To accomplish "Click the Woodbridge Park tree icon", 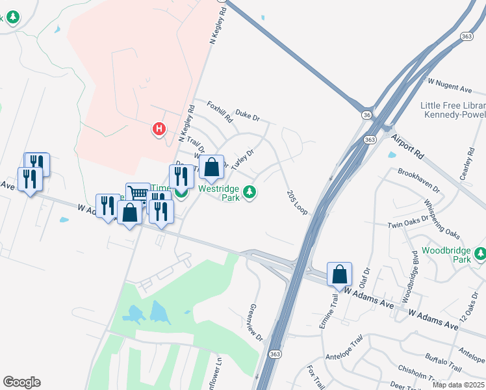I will coord(481,253).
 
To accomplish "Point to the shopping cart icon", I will coord(138,194).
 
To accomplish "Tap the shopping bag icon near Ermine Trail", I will coord(339,274).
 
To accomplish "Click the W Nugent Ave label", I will coord(450,84).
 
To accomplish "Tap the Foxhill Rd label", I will coord(220,112).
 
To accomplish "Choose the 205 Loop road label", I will coord(296,201).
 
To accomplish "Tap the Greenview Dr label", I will coord(255,322).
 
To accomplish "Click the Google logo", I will coord(21,382).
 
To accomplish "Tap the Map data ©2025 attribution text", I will coord(457,384).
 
